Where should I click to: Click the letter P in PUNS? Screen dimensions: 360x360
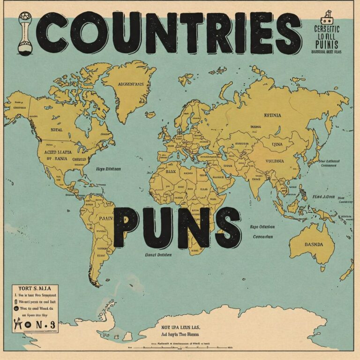pyautogui.click(x=127, y=227)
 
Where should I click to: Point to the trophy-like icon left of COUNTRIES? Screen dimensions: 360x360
pyautogui.click(x=24, y=32)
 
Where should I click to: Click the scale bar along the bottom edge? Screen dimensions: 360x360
pyautogui.click(x=187, y=348)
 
